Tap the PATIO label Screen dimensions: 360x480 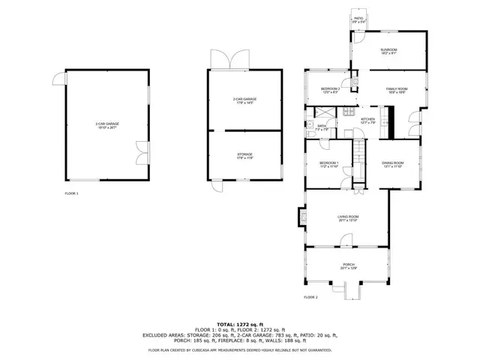(x=358, y=20)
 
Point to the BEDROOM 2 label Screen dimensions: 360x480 (x=331, y=90)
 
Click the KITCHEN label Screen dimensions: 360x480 (x=367, y=120)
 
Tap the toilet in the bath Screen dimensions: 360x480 (x=309, y=125)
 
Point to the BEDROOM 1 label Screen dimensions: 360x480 (x=329, y=164)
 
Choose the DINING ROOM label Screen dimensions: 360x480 (x=394, y=164)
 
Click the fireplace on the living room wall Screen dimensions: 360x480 (x=302, y=217)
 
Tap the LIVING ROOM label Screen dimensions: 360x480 (x=347, y=218)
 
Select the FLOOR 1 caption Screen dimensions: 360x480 (x=71, y=193)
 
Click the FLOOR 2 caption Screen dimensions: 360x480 (x=311, y=298)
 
